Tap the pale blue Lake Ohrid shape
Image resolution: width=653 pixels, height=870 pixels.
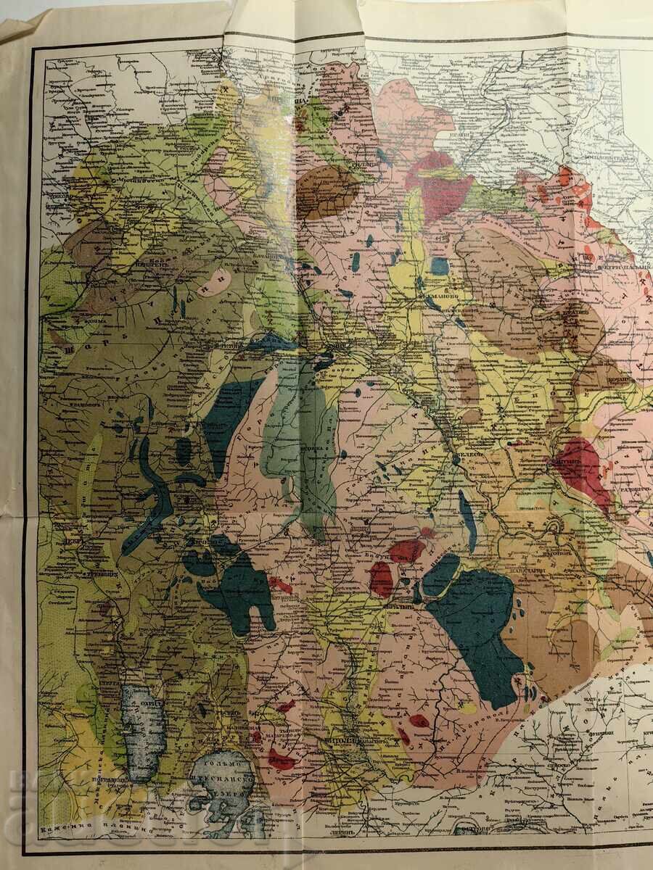coord(139,732)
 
